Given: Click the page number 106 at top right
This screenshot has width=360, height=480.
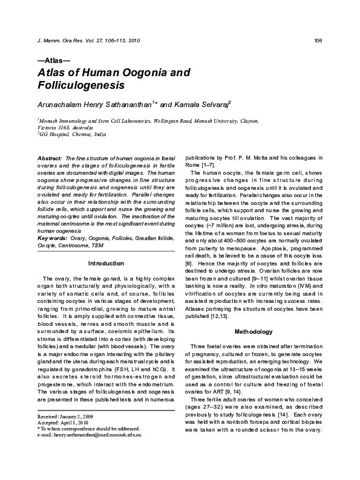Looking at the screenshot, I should [x=318, y=41].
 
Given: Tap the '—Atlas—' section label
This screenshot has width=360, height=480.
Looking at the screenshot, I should [x=54, y=61].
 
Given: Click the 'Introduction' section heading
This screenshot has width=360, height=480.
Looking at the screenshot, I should [x=106, y=264].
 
